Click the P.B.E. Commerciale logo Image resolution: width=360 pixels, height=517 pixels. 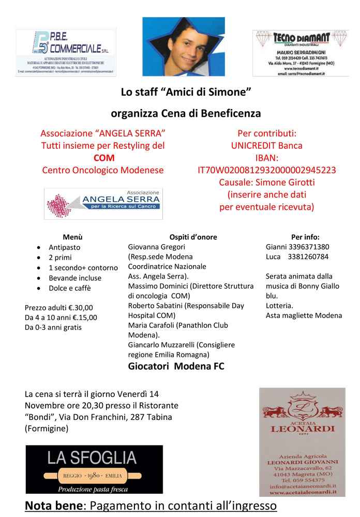65,52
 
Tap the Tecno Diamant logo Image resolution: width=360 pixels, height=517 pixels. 301,53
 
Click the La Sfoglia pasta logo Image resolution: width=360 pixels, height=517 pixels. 94,469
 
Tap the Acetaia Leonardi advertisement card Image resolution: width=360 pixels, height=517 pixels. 302,442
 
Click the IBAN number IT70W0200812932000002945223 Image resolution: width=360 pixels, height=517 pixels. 267,170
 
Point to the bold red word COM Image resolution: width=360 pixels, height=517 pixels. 104,158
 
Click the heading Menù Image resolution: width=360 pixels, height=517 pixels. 72,237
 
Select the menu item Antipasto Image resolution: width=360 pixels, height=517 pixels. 65,247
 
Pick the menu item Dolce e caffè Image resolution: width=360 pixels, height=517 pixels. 69,288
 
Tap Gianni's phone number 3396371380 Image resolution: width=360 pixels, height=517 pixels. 307,247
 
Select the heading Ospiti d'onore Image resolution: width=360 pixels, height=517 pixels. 193,237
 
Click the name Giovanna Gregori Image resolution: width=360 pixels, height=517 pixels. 156,247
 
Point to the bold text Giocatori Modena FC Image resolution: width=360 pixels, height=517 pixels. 176,367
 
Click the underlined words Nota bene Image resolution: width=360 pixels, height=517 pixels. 53,505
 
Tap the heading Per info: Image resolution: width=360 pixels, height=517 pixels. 305,237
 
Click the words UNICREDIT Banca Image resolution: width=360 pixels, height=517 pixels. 267,146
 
